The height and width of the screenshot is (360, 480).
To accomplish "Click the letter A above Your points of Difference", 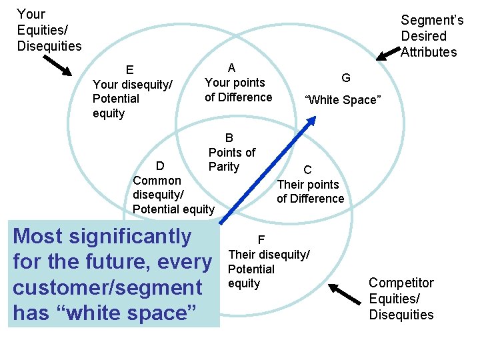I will click(x=231, y=67).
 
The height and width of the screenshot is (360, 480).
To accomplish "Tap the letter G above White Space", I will click(x=346, y=78).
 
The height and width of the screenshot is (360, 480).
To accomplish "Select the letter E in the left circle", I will click(x=130, y=70).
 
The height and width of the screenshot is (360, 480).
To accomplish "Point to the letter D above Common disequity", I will click(x=160, y=166).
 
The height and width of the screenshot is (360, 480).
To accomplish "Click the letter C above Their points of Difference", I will click(x=307, y=170).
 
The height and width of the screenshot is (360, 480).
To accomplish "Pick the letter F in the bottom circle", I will click(x=261, y=240).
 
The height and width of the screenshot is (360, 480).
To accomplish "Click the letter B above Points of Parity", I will click(x=229, y=138).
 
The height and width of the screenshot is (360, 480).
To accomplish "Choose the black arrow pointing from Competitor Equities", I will click(x=344, y=291).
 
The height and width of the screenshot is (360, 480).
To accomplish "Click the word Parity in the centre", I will click(x=223, y=167).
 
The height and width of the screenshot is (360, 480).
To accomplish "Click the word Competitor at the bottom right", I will click(x=401, y=283).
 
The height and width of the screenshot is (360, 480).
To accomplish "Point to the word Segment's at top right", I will click(x=432, y=21).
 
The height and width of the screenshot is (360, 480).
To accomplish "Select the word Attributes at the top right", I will click(x=429, y=52).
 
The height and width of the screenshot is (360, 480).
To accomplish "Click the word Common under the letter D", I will click(x=157, y=181).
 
